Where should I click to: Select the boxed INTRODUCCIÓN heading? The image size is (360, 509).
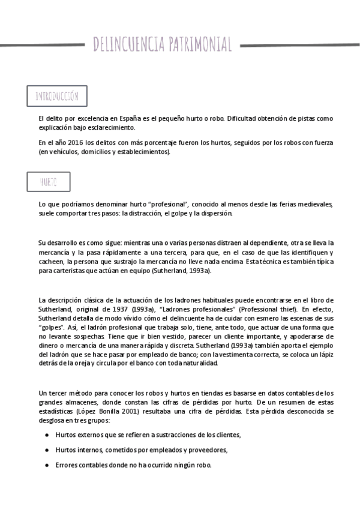pyautogui.click(x=57, y=96)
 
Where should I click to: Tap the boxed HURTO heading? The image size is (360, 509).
pyautogui.click(x=49, y=181)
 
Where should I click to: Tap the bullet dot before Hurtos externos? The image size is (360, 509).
pyautogui.click(x=47, y=434)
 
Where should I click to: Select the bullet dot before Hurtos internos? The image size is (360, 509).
pyautogui.click(x=47, y=450)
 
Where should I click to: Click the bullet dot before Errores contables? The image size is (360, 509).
pyautogui.click(x=47, y=465)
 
